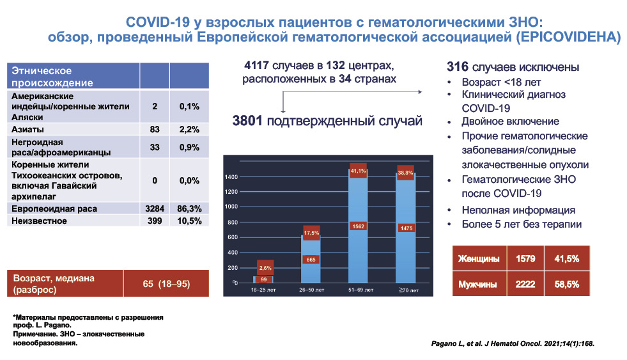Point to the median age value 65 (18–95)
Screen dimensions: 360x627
coord(165,283)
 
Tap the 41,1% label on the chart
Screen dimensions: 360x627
coord(358,171)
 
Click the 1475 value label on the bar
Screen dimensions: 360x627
coord(406,228)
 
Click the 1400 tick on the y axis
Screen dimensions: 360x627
coord(232,176)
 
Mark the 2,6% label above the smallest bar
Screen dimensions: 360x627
coord(265,267)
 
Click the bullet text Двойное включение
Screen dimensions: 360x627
coord(510,121)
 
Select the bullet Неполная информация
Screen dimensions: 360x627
coord(518,210)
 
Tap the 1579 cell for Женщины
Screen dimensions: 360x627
coord(525,259)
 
